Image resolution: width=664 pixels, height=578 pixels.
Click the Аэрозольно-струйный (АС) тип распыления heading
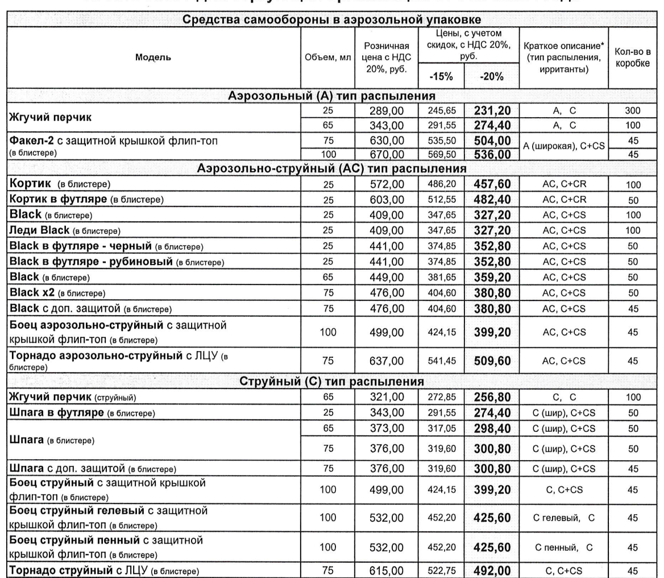point(332,168)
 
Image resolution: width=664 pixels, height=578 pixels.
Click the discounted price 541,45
point(443,360)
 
